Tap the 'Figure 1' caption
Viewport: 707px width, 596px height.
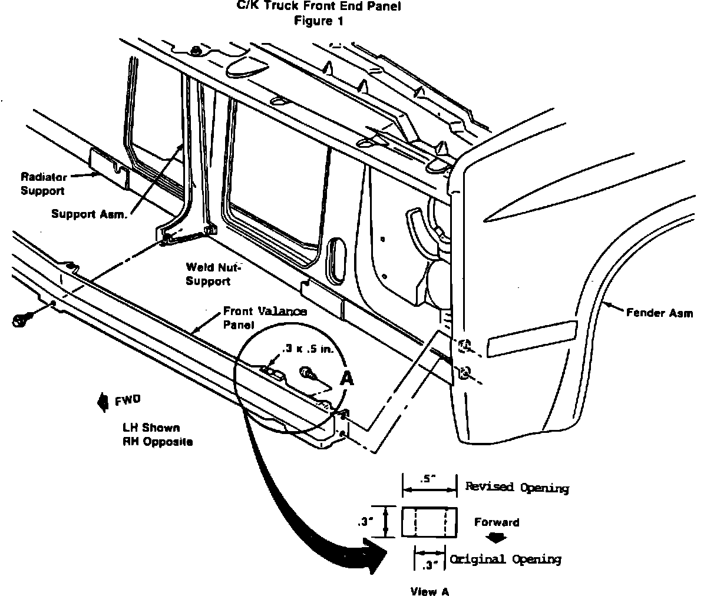click(x=318, y=21)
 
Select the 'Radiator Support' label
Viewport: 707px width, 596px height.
click(x=43, y=183)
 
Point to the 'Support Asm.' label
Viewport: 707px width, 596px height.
click(x=88, y=213)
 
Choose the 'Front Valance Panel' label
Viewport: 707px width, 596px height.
click(x=265, y=317)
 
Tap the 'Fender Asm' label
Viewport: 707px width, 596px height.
click(x=659, y=313)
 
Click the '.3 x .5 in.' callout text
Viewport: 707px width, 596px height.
click(x=308, y=349)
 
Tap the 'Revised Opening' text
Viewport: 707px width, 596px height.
click(x=517, y=488)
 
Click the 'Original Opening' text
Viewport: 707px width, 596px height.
click(x=506, y=559)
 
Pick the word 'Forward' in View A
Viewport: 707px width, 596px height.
click(x=497, y=522)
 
